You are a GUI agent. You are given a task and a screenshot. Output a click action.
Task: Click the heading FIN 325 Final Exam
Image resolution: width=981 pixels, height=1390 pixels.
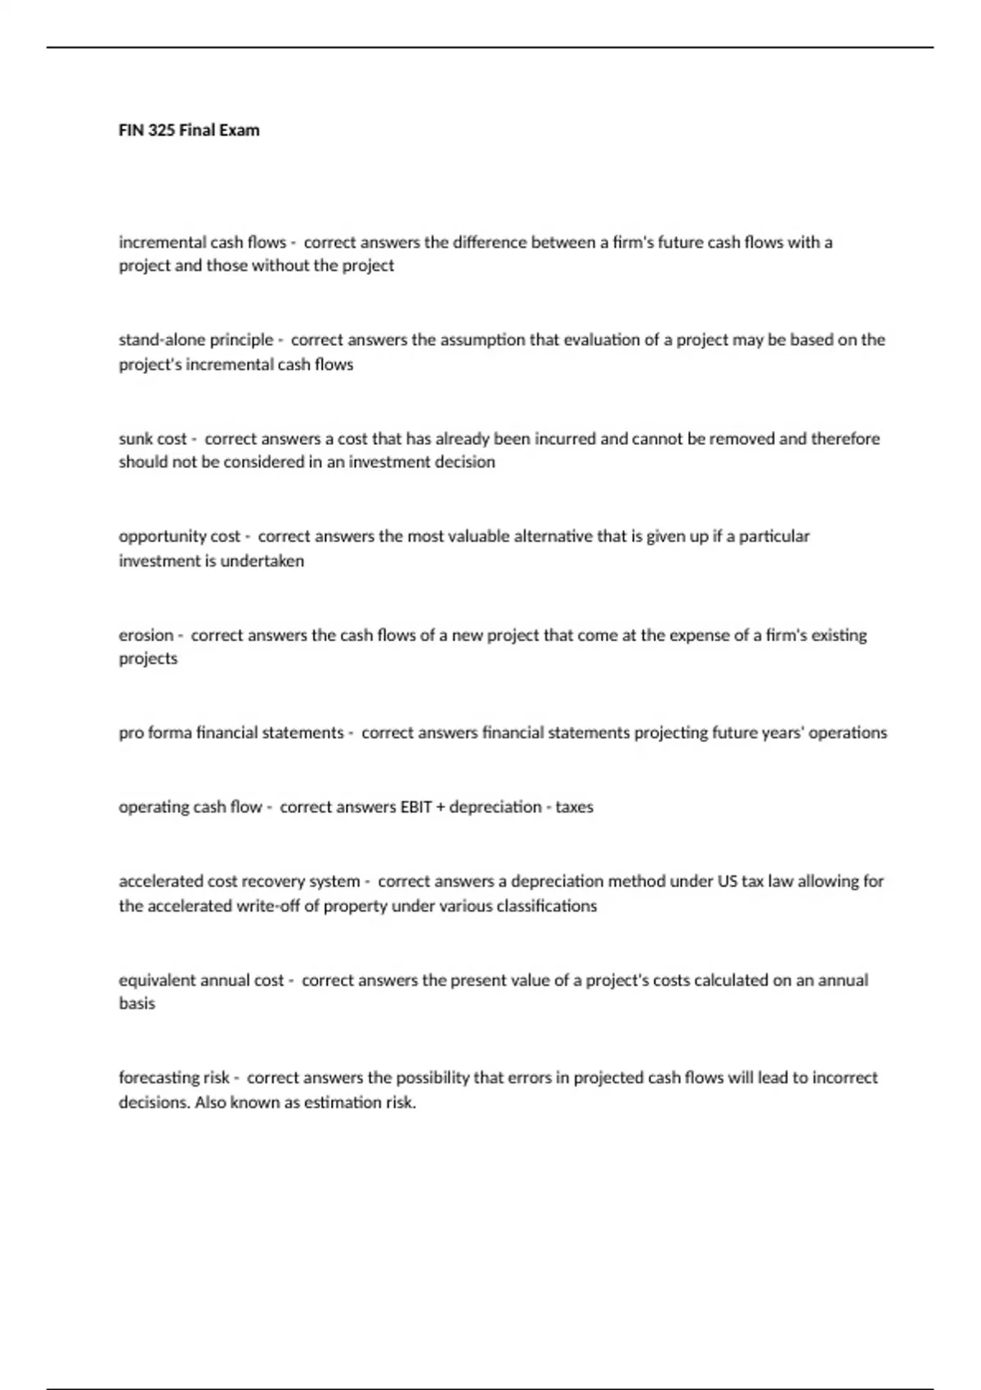[189, 130]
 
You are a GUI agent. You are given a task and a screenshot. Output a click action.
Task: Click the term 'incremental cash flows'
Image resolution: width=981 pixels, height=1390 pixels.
[202, 242]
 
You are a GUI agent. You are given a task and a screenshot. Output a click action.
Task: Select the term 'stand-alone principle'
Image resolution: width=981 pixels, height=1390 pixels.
[196, 340]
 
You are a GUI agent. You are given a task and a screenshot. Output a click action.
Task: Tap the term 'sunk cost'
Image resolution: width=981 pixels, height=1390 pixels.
[153, 439]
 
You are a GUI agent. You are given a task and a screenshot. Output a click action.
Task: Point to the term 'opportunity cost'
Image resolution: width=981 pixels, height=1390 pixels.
[180, 536]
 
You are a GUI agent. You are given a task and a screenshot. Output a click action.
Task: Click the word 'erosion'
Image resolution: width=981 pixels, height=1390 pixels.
[146, 635]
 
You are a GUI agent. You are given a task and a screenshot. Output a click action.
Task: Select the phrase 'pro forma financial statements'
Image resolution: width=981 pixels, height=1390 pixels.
[231, 733]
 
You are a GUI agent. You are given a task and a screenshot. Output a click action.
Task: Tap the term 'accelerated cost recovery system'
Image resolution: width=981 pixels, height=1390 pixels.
[240, 881]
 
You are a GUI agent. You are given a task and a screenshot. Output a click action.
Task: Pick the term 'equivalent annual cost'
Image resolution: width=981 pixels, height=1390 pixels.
[201, 980]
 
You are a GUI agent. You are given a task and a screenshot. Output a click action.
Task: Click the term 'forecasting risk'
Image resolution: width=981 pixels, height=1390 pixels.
[175, 1078]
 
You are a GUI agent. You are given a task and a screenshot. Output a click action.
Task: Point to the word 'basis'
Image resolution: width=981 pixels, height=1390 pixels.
[137, 1004]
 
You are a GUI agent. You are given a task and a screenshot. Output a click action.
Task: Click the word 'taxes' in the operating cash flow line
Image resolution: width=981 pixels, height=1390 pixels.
[575, 807]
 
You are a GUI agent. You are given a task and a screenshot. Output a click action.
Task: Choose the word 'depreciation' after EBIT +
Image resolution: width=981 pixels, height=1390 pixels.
[495, 807]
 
